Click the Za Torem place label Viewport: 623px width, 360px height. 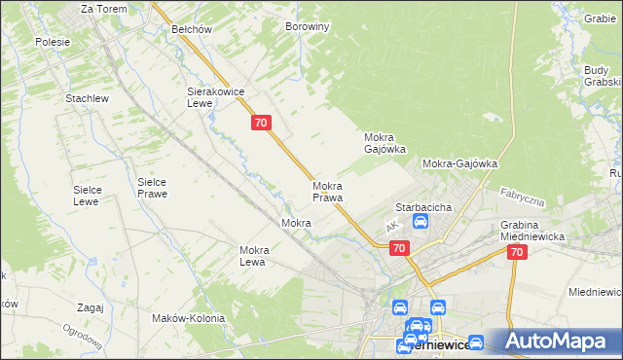coord(103,8)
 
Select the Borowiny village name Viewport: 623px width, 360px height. coord(308,27)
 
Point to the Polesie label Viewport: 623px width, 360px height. coord(52,42)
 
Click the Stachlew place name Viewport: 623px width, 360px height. coord(86,99)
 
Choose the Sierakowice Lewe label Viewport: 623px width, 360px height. coord(215,96)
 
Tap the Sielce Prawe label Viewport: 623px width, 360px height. coord(152,188)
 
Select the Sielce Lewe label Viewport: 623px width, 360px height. coord(94,196)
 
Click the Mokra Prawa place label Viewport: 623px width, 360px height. coord(328,192)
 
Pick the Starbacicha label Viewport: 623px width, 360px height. coord(421,207)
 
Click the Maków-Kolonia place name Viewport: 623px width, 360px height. coord(189,318)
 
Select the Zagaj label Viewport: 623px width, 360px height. coord(89,307)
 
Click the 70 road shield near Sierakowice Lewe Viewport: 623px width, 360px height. coord(260,123)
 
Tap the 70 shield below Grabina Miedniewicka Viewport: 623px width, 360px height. coord(516,251)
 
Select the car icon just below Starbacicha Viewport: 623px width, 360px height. coord(421,222)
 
